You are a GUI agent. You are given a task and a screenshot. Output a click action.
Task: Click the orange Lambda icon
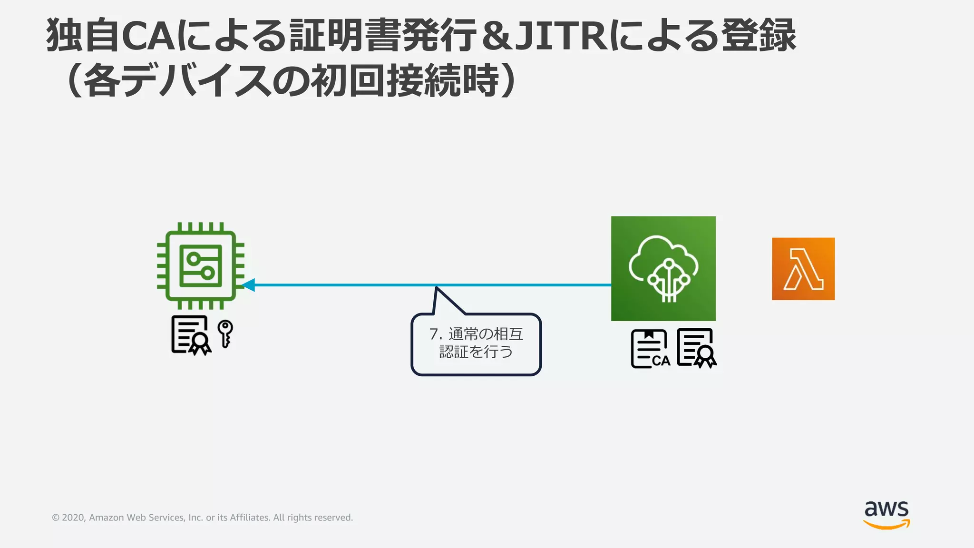(x=803, y=269)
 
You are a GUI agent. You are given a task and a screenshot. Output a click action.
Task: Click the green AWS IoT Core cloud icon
(x=663, y=268)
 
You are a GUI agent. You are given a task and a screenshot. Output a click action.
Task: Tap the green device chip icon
(x=201, y=265)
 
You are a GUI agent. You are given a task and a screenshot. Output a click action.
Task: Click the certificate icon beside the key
(x=191, y=335)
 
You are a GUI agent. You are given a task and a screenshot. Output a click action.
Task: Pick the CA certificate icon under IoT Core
(x=650, y=349)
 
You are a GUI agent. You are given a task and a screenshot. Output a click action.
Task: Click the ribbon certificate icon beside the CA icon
(x=696, y=348)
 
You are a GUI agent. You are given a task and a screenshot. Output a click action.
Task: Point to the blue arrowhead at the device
(x=248, y=285)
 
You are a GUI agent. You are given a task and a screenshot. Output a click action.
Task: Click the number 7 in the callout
(x=433, y=334)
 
